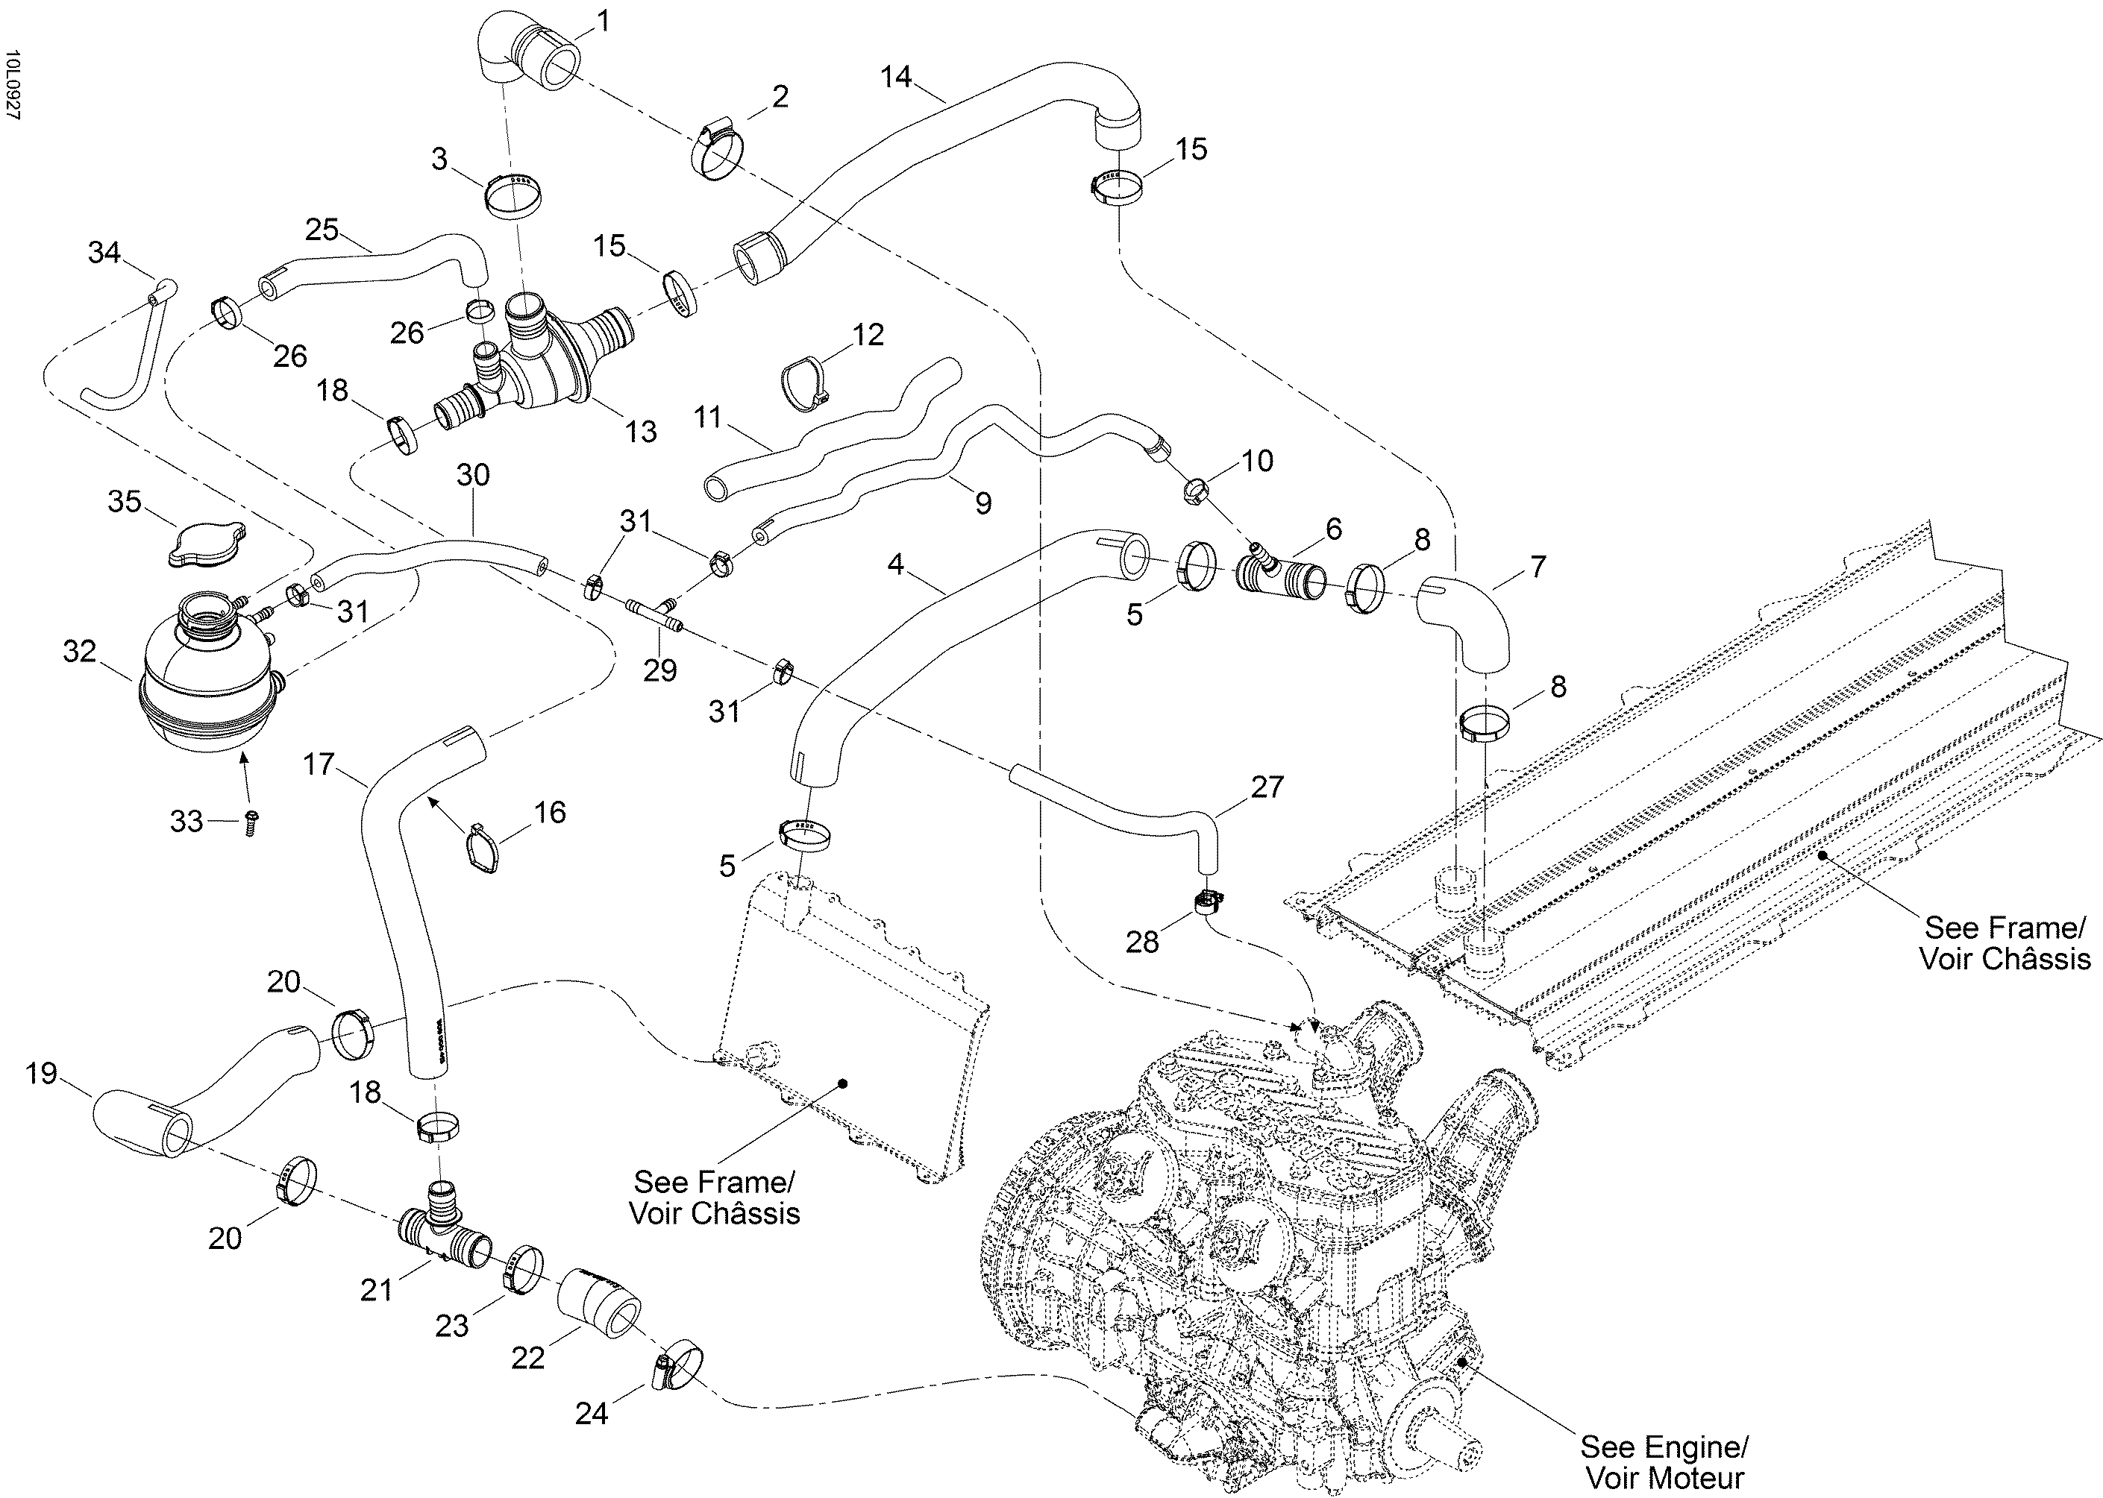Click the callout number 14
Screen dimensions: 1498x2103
point(895,77)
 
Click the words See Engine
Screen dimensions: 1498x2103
point(1664,1447)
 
